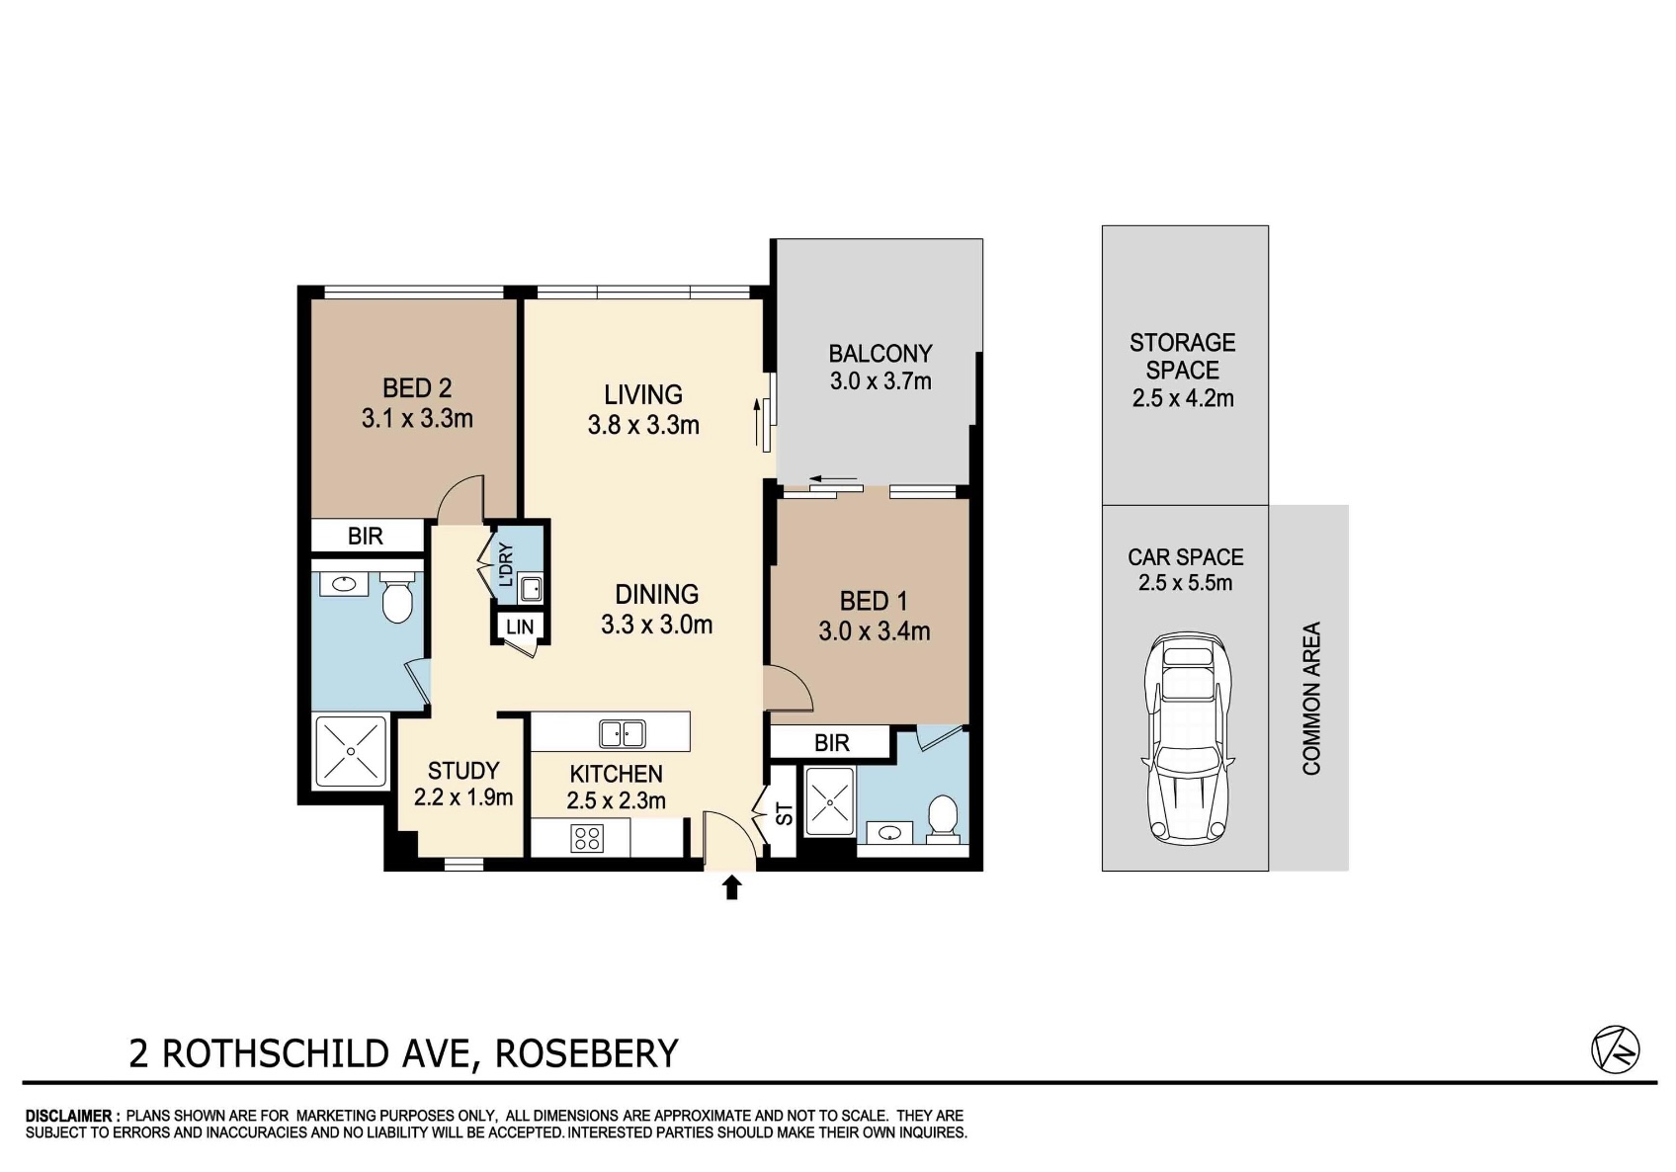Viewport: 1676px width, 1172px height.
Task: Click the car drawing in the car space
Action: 1188,738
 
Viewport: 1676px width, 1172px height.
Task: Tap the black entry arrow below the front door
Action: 731,887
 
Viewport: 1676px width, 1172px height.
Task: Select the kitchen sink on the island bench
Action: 622,734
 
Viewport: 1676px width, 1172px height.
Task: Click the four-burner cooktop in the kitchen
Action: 587,838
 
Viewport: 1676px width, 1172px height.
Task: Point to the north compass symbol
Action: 1616,1049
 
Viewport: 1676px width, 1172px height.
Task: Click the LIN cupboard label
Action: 519,627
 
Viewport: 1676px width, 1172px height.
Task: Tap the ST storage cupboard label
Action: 784,813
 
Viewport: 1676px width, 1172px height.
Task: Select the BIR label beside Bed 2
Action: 365,536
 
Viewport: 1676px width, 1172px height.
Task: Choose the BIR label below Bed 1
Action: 831,743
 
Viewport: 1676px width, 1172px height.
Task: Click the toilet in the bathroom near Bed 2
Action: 396,597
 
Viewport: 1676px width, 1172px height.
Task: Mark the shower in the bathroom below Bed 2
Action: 351,751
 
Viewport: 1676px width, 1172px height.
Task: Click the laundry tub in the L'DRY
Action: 531,589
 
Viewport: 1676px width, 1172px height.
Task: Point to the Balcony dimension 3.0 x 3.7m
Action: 880,381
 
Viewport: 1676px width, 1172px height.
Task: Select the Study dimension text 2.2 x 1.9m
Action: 463,797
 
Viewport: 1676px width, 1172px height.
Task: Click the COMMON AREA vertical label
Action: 1311,699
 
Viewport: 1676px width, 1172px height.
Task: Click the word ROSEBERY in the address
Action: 587,1053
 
